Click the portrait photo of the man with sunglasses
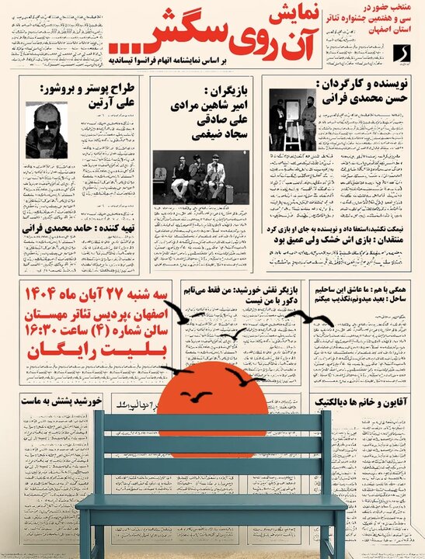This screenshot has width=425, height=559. click(x=46, y=130)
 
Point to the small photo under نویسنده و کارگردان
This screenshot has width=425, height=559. click(x=293, y=120)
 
